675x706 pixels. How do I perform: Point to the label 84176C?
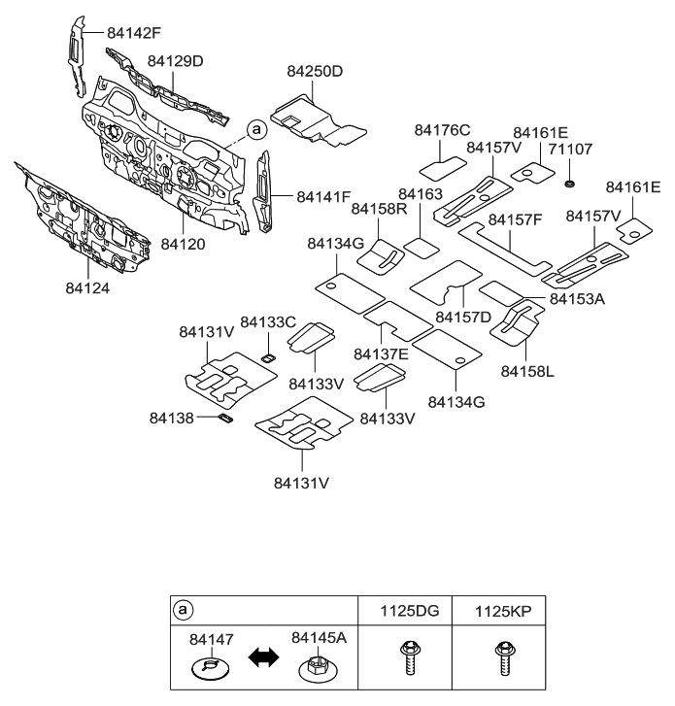(442, 130)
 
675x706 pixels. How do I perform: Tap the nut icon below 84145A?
(315, 669)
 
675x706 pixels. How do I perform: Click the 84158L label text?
(527, 370)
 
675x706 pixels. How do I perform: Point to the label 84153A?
(577, 299)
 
